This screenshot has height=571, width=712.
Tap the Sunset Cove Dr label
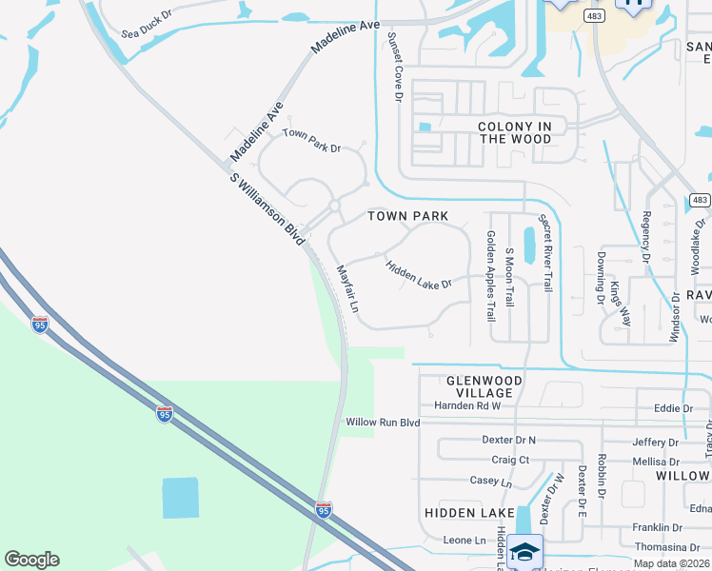(393, 66)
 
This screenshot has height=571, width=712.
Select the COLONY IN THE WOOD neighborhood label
(514, 132)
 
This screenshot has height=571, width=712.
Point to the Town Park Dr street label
(311, 141)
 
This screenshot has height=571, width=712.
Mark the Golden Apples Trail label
(491, 275)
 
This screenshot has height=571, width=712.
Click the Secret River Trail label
(545, 251)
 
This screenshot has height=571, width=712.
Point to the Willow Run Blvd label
(383, 422)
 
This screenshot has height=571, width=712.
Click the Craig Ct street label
(510, 460)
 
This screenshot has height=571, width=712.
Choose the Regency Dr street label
(646, 237)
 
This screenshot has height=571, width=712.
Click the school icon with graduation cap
(524, 551)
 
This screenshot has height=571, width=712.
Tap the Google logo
(31, 560)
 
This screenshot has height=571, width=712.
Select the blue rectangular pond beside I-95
(181, 498)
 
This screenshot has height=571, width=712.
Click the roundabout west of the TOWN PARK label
(334, 206)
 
